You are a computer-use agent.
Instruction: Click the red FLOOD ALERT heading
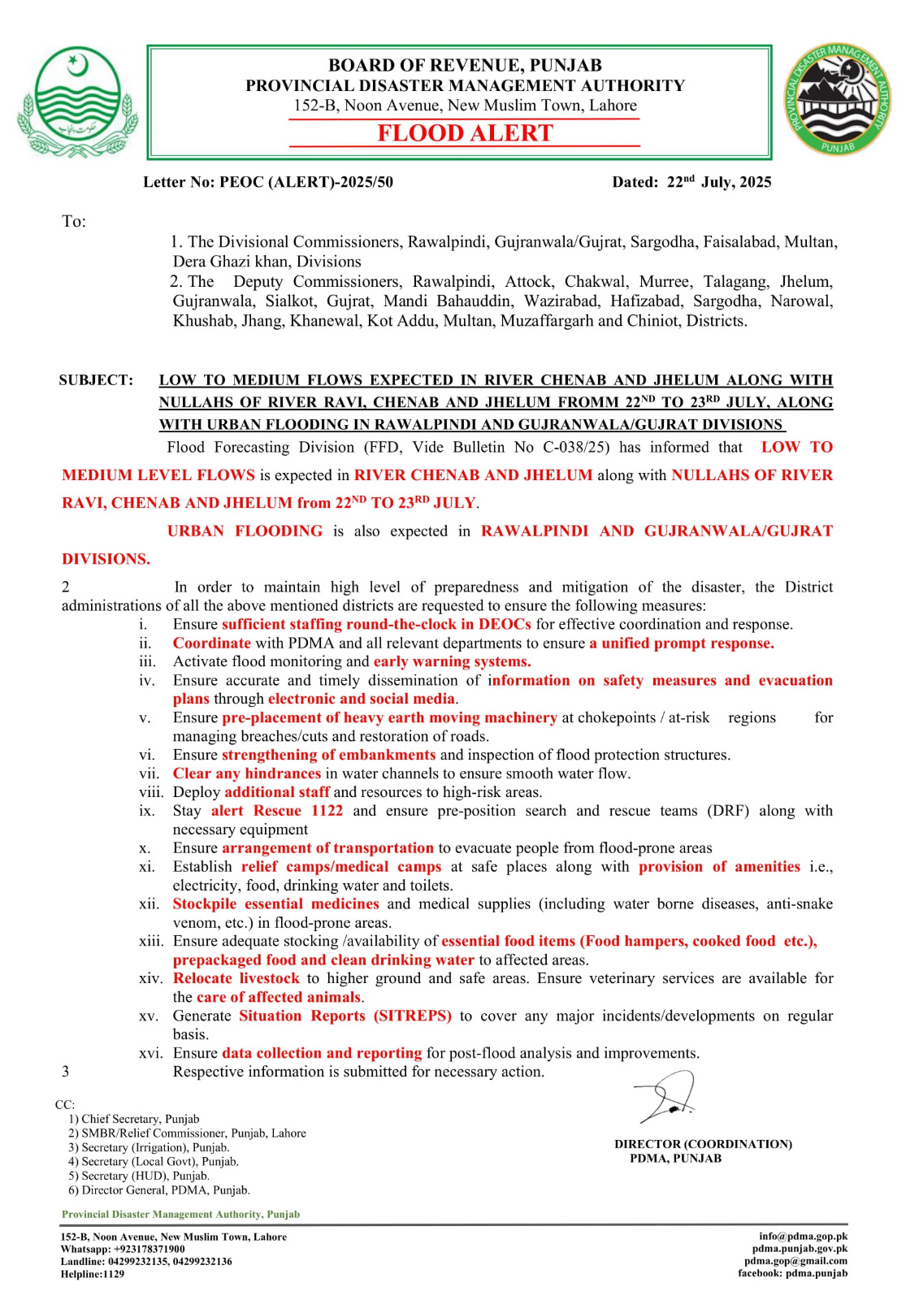465,133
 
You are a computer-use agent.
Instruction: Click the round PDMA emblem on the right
837,101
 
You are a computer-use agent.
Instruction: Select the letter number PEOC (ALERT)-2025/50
306,182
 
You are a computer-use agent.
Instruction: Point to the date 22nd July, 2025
718,182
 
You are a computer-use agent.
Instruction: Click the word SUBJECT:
96,380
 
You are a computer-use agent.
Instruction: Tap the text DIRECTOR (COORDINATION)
703,1144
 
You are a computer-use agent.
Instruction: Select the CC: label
65,1105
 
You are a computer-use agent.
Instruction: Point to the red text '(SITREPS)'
412,1016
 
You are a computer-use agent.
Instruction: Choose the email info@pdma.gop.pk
803,1237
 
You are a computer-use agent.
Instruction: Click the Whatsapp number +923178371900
149,1249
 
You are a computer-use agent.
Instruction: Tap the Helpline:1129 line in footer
93,1274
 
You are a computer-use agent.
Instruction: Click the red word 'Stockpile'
204,903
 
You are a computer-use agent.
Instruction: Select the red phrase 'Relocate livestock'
236,978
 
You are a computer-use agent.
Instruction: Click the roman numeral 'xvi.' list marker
150,1053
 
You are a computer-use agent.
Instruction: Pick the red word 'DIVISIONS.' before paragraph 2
106,559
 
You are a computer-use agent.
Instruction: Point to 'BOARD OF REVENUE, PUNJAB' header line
465,65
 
